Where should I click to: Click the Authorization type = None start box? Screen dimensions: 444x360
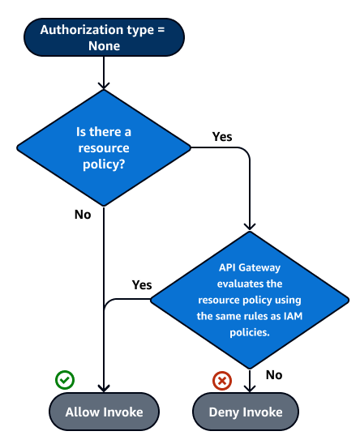(104, 38)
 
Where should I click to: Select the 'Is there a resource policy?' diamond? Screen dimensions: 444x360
(104, 147)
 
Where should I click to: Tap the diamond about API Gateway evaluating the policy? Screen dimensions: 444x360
(250, 299)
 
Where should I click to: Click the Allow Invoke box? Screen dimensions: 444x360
(104, 412)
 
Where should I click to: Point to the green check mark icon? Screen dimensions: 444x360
(65, 379)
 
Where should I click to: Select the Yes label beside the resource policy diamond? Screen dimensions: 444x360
(222, 136)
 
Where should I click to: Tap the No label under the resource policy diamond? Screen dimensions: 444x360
(83, 215)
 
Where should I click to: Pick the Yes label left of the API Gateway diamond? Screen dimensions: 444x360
(141, 285)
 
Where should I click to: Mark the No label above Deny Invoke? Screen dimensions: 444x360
(274, 374)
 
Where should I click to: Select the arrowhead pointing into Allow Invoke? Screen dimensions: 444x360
(104, 388)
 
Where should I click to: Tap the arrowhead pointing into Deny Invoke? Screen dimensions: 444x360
(250, 388)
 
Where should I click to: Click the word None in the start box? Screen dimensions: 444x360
(104, 46)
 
